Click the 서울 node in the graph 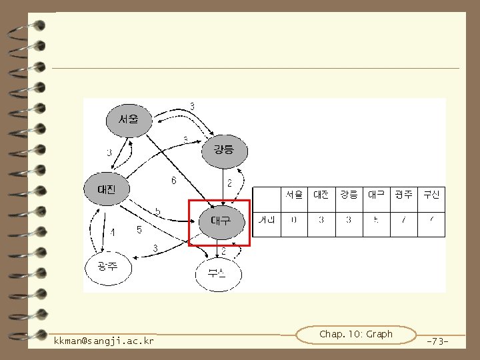129,121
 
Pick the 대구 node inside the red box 220,220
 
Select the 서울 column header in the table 294,195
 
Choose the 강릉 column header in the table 349,195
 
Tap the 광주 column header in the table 404,195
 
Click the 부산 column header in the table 431,195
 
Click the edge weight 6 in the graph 174,180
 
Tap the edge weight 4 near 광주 113,233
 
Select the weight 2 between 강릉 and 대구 229,183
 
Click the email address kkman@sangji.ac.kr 104,341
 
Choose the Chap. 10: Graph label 356,334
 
